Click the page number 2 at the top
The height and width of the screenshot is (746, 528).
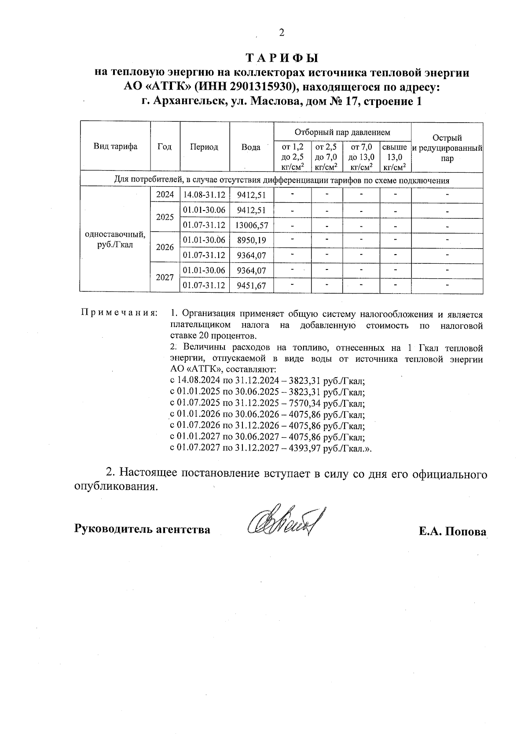tap(282, 32)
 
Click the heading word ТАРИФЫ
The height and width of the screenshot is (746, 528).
tap(282, 58)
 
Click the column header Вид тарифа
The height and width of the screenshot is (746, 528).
tap(115, 147)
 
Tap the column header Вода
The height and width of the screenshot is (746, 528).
tap(251, 147)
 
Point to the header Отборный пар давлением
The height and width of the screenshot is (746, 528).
tap(342, 132)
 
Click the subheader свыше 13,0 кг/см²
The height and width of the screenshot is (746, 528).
tap(395, 157)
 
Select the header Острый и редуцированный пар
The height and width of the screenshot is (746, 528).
tap(447, 148)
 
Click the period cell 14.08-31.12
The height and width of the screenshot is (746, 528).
tap(204, 195)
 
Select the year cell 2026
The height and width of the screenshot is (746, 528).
tap(165, 247)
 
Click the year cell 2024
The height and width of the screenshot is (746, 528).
tap(165, 195)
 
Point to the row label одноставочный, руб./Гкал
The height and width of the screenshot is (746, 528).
tap(115, 240)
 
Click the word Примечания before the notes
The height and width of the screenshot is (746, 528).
tap(119, 313)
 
